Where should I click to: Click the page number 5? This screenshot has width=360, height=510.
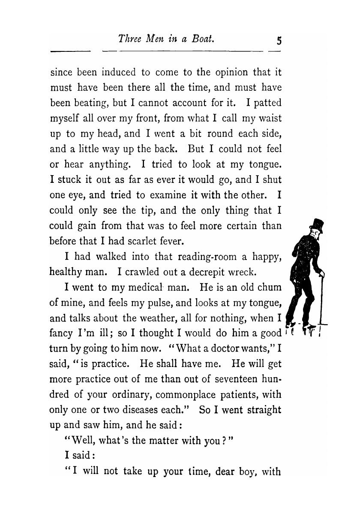click(x=279, y=41)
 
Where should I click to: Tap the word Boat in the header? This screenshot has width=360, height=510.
click(x=203, y=39)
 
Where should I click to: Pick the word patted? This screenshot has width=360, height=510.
click(x=267, y=103)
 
